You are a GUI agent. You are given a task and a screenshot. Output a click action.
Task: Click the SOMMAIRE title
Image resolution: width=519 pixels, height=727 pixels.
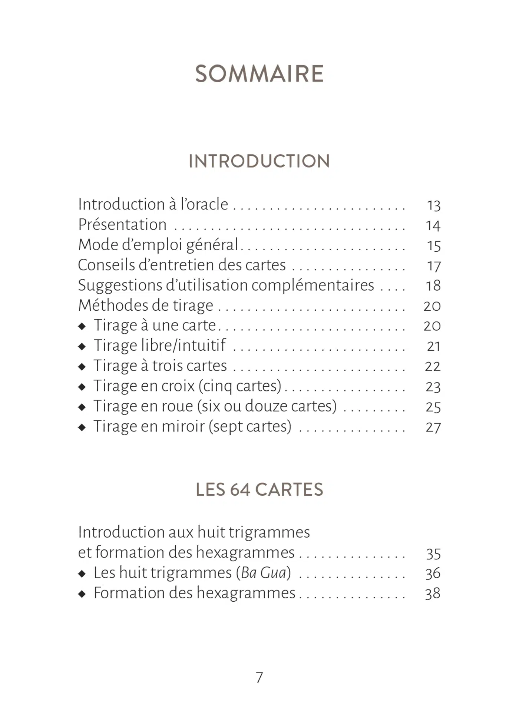pyautogui.click(x=259, y=73)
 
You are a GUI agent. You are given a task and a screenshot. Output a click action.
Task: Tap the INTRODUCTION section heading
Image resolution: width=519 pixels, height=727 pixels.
pyautogui.click(x=259, y=161)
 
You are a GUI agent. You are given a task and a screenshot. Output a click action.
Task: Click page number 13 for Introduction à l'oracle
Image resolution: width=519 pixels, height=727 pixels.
pyautogui.click(x=433, y=205)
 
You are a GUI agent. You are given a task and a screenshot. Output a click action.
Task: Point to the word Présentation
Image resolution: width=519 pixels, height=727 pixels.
pyautogui.click(x=122, y=225)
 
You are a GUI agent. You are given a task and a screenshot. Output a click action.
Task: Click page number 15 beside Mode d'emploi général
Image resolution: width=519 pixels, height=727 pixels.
pyautogui.click(x=433, y=246)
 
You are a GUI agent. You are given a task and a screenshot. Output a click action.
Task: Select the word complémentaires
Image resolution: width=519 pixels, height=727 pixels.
pyautogui.click(x=313, y=285)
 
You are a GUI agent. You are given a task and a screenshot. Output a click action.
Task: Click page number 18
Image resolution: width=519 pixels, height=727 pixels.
pyautogui.click(x=433, y=285)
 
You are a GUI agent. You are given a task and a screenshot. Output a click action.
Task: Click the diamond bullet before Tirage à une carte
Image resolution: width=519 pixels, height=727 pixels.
pyautogui.click(x=82, y=326)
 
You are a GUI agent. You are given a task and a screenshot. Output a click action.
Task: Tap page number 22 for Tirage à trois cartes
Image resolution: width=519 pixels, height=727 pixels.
pyautogui.click(x=433, y=366)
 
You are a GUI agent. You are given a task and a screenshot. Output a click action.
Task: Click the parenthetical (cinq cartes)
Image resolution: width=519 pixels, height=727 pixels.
pyautogui.click(x=240, y=386)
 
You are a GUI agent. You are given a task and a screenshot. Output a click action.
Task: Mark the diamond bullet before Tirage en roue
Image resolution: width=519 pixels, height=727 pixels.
pyautogui.click(x=82, y=407)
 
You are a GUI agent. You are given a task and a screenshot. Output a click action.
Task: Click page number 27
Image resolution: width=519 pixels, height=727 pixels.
pyautogui.click(x=433, y=427)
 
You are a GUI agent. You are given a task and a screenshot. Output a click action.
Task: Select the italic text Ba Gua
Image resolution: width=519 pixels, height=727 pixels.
pyautogui.click(x=264, y=573)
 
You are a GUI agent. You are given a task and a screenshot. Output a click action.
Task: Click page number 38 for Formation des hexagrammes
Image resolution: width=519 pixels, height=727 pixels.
pyautogui.click(x=433, y=593)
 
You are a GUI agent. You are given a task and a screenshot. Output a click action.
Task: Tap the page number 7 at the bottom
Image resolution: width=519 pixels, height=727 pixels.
pyautogui.click(x=259, y=677)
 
